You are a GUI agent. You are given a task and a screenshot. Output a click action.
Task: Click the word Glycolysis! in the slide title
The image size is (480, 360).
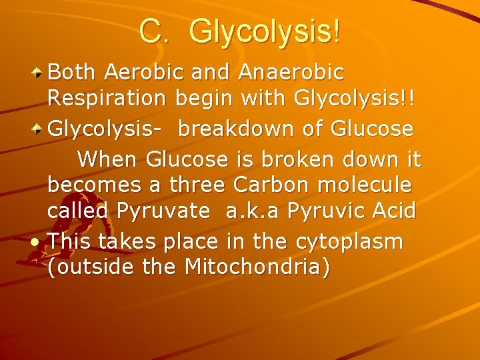(265, 32)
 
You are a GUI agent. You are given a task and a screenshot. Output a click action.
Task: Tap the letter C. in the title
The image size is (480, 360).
(155, 32)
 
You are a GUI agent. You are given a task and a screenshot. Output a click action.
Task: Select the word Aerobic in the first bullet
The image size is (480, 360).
(147, 71)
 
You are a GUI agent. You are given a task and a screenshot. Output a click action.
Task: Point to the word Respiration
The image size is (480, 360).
(107, 99)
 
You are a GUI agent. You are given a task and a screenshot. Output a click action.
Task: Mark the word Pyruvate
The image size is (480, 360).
(163, 211)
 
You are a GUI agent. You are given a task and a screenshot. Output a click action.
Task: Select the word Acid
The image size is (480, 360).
(395, 211)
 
